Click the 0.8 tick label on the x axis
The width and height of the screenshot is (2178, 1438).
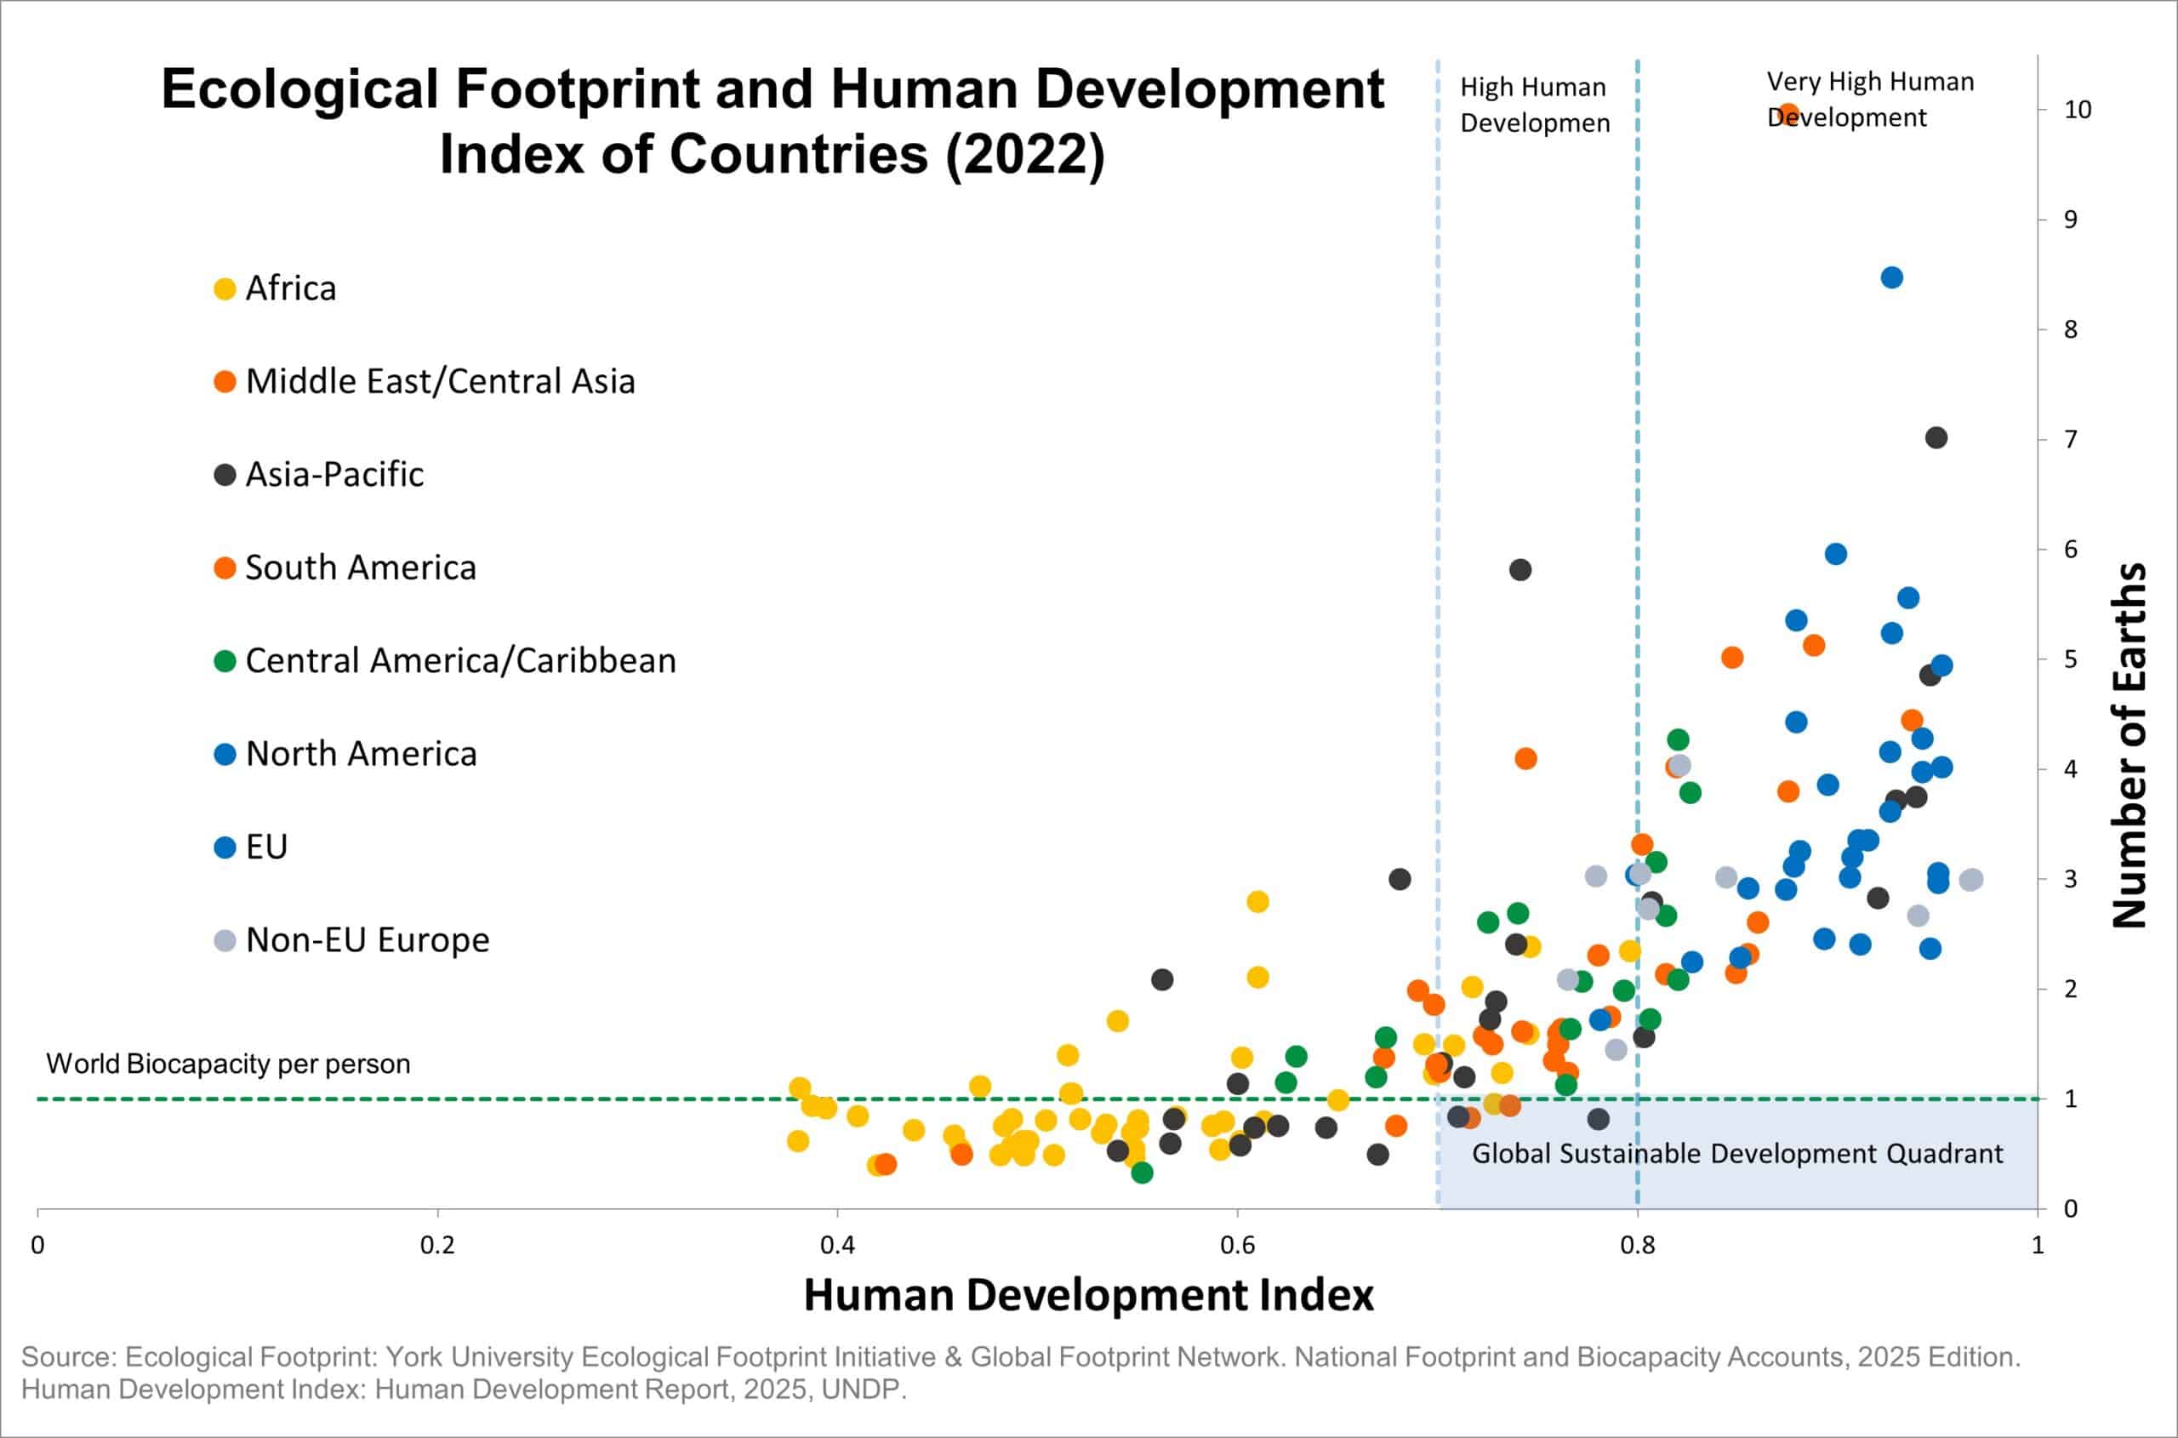[x=1638, y=1246]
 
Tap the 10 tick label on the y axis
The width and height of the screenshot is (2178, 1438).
[x=2077, y=110]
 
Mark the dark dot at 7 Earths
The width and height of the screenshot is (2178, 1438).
[x=1936, y=438]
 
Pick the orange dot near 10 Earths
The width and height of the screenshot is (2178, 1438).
[x=1788, y=115]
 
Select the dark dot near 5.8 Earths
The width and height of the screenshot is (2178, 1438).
[x=1520, y=569]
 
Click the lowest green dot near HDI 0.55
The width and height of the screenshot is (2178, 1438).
[x=1142, y=1172]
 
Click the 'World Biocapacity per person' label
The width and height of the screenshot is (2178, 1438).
[x=228, y=1064]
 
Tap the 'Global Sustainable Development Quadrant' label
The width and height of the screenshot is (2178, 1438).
[x=1737, y=1154]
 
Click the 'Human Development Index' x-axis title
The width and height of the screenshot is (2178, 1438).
[x=1088, y=1295]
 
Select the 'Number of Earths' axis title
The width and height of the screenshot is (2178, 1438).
[x=2130, y=745]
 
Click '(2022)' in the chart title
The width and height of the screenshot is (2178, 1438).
[x=1024, y=154]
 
